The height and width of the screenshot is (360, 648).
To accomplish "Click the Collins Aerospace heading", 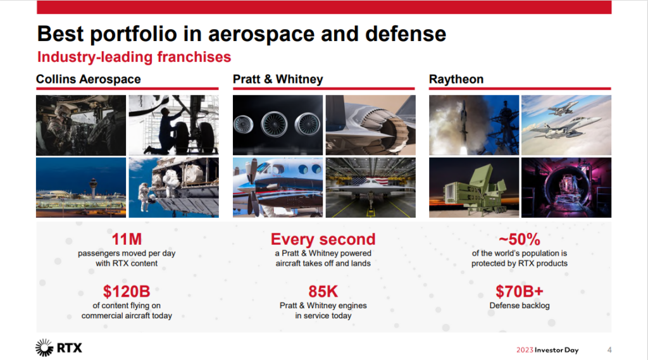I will pyautogui.click(x=88, y=79).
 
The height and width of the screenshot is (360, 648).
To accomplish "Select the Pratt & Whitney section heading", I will pyautogui.click(x=278, y=79).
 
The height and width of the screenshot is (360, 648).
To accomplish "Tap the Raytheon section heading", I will pyautogui.click(x=456, y=79).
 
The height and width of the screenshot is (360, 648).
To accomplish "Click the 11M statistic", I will pyautogui.click(x=127, y=240).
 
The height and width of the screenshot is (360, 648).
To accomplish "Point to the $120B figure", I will pyautogui.click(x=127, y=292).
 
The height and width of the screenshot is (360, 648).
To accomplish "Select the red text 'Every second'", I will pyautogui.click(x=323, y=240).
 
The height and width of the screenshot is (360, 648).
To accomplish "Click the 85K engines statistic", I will pyautogui.click(x=323, y=292).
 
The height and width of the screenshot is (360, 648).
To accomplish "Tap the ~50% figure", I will pyautogui.click(x=519, y=240).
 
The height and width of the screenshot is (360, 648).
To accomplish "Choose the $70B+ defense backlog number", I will pyautogui.click(x=519, y=292).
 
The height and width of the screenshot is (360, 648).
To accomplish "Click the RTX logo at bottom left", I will pyautogui.click(x=59, y=347).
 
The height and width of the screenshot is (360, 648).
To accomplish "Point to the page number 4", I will pyautogui.click(x=609, y=350).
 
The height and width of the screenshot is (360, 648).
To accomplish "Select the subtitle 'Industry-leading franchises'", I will pyautogui.click(x=134, y=57).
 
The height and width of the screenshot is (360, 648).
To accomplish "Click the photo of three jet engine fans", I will pyautogui.click(x=277, y=125).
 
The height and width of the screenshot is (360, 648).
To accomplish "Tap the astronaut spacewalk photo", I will pyautogui.click(x=173, y=187).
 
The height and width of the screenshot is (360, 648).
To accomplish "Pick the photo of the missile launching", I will pyautogui.click(x=473, y=125).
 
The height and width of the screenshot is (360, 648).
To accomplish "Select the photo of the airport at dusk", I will pyautogui.click(x=80, y=187).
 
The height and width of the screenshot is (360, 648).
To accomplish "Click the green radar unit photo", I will pyautogui.click(x=473, y=187).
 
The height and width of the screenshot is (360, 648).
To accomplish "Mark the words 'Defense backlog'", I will pyautogui.click(x=519, y=306).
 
